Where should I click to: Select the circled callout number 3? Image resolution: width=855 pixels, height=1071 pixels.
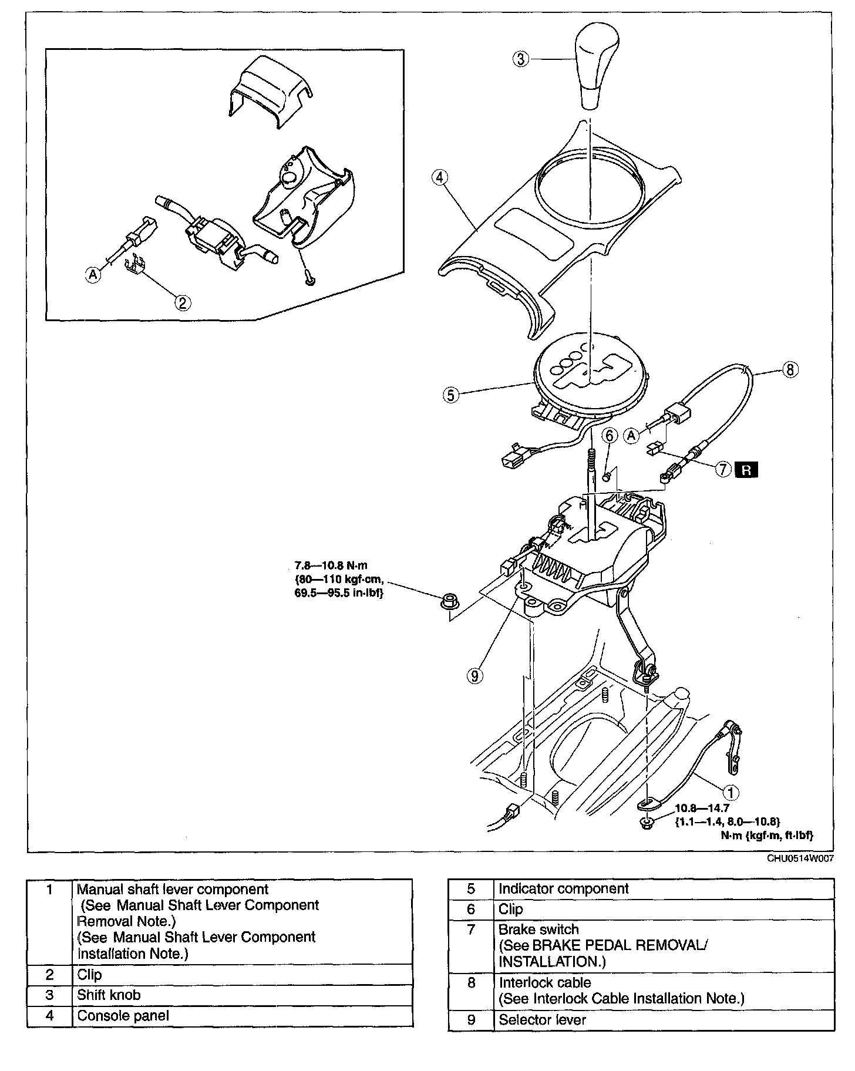pyautogui.click(x=521, y=59)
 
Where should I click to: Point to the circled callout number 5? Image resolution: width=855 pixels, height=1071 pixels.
pyautogui.click(x=451, y=395)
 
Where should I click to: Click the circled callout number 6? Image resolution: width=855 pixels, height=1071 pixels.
pyautogui.click(x=610, y=435)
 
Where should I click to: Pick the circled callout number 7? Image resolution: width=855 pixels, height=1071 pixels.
pyautogui.click(x=723, y=469)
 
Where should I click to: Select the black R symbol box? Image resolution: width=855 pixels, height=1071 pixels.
pyautogui.click(x=746, y=470)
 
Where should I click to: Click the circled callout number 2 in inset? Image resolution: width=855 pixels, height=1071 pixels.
pyautogui.click(x=182, y=302)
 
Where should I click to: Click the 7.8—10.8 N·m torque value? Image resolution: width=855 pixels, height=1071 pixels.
pyautogui.click(x=331, y=566)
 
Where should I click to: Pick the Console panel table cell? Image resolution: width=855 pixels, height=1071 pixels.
pyautogui.click(x=123, y=1015)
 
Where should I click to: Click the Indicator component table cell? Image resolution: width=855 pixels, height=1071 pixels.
pyautogui.click(x=564, y=888)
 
